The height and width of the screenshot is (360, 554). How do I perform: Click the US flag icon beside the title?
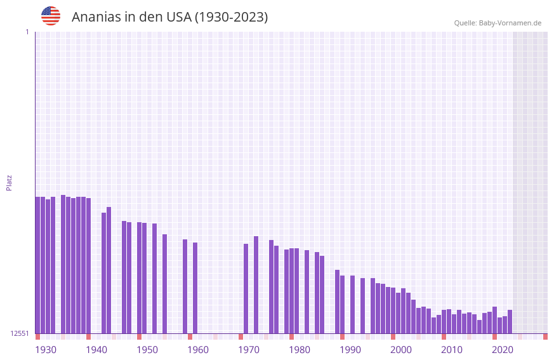point(51,16)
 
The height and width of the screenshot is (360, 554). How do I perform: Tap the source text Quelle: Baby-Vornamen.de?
point(498,23)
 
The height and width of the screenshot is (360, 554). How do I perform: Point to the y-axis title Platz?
point(9,182)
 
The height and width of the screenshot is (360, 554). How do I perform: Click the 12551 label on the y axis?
point(20,333)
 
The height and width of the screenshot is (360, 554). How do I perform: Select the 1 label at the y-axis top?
point(27,32)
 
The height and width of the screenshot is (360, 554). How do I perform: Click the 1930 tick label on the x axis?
point(46,350)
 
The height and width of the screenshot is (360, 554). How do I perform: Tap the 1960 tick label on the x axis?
point(198,350)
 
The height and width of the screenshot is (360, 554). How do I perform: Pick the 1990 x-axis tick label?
point(350,350)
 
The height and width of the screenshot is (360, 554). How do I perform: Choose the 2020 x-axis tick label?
point(503,350)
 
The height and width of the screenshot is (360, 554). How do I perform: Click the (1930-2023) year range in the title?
point(231,17)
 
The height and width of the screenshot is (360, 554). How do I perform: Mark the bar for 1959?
point(185,286)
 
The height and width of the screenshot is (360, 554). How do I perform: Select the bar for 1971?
point(246,288)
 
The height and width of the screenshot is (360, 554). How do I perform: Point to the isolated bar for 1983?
point(307,291)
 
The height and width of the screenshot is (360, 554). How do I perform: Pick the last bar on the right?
point(510,321)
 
